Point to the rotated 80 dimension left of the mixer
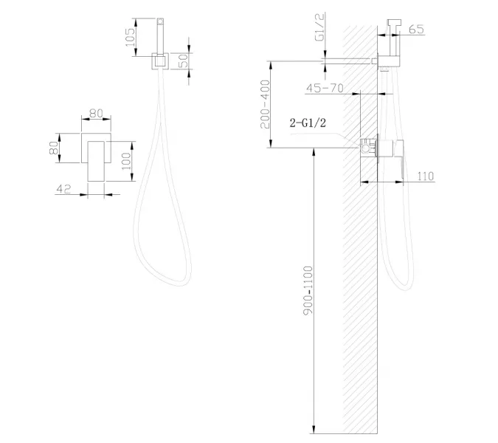click(x=53, y=147)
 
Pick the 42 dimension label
click(x=63, y=189)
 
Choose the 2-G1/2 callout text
click(x=308, y=124)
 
